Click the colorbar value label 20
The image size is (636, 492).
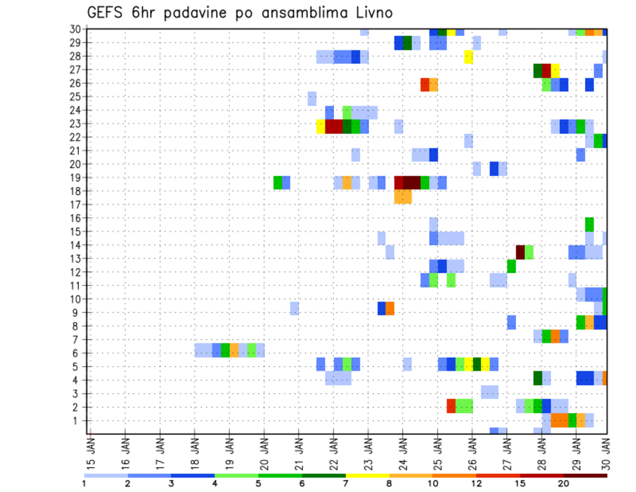[x=564, y=483]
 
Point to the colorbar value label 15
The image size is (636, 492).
[x=520, y=483]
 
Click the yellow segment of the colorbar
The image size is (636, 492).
[x=368, y=475]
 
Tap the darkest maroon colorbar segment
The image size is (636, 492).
[x=586, y=475]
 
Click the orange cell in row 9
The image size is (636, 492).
[x=390, y=308]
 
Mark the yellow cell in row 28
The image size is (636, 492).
[x=468, y=56]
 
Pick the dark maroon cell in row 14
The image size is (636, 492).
[x=520, y=252]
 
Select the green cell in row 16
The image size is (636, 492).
[x=590, y=224]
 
